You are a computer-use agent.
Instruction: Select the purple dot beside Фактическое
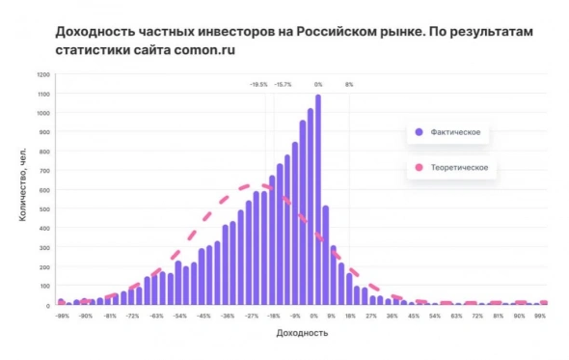coord(419,131)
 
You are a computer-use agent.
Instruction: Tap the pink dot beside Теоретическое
coord(419,168)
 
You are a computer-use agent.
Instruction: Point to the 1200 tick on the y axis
coord(43,74)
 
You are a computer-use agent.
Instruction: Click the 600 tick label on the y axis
coord(44,190)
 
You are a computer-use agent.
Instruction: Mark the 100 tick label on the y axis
coord(44,287)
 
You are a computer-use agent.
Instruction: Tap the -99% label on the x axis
coord(62,316)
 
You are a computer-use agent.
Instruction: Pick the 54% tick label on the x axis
coord(435,316)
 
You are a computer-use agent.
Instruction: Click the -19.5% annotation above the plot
coord(258,85)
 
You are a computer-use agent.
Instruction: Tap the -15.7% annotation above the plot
coord(283,85)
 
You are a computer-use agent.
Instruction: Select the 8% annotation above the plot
coord(349,85)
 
